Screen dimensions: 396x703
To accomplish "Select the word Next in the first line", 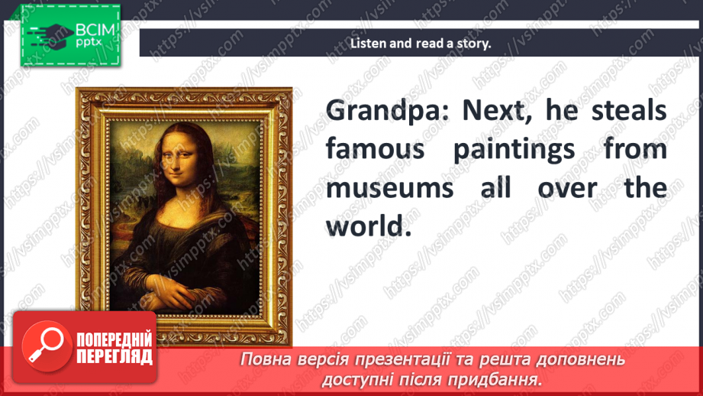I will pos(495,110).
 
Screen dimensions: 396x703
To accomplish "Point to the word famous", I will pos(375,149).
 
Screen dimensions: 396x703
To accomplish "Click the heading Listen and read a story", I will pos(421,43).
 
